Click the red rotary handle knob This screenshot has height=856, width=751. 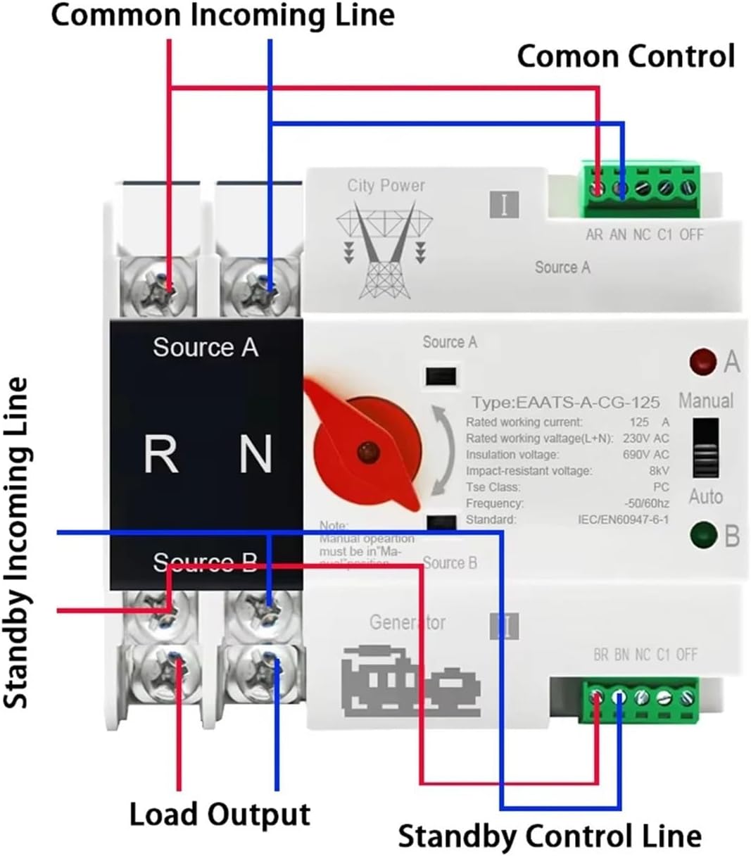(365, 450)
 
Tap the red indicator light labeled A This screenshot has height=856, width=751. (702, 361)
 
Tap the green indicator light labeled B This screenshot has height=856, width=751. (702, 535)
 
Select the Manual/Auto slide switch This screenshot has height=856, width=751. (705, 448)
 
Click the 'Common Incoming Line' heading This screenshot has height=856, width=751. (222, 15)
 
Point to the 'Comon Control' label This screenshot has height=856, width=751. (625, 56)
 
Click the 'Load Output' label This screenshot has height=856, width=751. (220, 814)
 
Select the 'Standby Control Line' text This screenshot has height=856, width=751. (549, 836)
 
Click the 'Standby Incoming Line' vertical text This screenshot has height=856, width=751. (16, 542)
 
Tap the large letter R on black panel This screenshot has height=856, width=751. (160, 454)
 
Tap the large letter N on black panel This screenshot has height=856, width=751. (255, 454)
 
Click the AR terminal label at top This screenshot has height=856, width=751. (594, 234)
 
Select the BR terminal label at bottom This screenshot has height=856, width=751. (600, 655)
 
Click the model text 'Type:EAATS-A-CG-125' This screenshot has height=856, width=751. (565, 403)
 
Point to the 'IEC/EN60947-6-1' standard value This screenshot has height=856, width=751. (623, 520)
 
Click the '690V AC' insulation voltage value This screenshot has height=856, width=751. (645, 455)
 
